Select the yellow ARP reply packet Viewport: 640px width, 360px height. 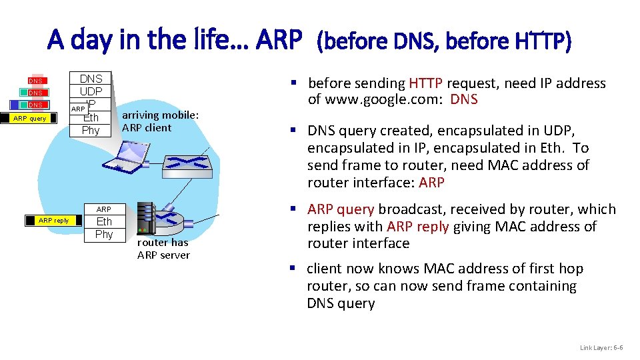[x=53, y=220]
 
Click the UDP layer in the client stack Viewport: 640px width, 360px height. [x=91, y=91]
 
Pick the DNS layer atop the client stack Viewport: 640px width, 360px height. [x=91, y=79]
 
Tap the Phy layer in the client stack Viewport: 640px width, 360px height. [x=91, y=130]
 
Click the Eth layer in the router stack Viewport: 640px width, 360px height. [x=104, y=221]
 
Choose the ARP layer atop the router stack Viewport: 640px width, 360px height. [x=104, y=209]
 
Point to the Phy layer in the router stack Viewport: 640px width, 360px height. [x=104, y=234]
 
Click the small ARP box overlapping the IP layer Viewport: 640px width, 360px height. [x=78, y=109]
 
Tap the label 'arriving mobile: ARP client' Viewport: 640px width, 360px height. [x=159, y=121]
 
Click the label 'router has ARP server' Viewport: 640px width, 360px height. [x=163, y=249]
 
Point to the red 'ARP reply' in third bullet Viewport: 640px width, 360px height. [x=418, y=227]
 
